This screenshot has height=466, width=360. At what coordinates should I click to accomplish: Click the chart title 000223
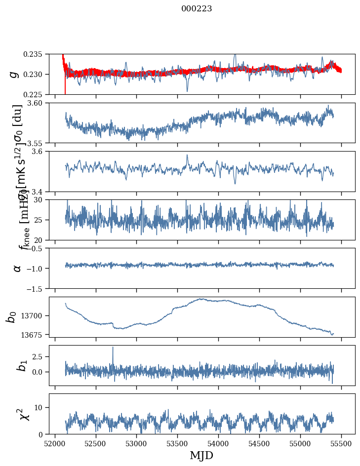197,8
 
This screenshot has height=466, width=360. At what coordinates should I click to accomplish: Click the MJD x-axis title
201,456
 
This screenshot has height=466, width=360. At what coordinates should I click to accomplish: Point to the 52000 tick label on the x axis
55,443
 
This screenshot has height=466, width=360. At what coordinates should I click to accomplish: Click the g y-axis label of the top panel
15,74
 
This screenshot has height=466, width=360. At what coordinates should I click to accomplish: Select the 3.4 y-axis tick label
39,191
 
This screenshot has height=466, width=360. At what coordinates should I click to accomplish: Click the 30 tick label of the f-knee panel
41,199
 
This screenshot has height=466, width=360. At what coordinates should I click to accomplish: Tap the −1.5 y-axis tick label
35,288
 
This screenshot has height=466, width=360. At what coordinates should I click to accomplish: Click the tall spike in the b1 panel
113,348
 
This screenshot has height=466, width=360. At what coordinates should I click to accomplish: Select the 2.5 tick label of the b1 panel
39,356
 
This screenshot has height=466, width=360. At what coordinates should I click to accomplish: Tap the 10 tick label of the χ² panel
41,407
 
